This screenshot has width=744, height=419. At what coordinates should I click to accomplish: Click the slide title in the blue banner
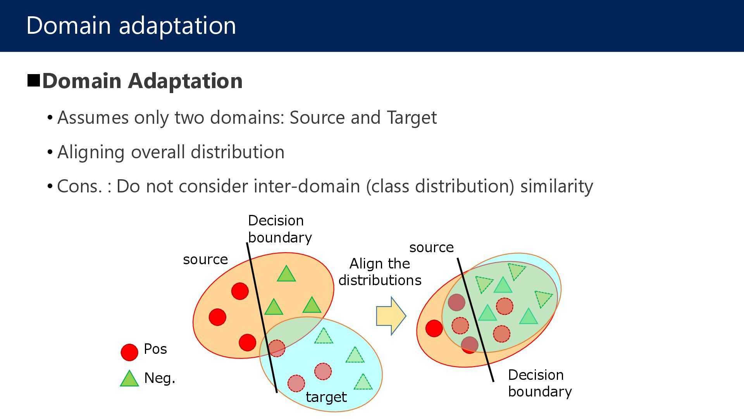[131, 26]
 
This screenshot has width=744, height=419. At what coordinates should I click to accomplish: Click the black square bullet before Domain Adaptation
[34, 80]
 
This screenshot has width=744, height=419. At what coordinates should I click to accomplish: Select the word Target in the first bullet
[412, 118]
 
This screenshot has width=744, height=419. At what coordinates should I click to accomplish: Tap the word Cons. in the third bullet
[79, 186]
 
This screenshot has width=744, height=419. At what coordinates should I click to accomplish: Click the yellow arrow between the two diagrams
[391, 316]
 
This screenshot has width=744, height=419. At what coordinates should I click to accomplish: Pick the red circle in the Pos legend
[129, 352]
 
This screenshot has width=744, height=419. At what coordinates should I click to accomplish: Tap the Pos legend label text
[155, 349]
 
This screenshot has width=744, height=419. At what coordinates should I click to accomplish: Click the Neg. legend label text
[160, 378]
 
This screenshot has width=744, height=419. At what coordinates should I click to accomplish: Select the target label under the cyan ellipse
[326, 397]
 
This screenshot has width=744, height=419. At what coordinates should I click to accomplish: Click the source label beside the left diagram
[205, 259]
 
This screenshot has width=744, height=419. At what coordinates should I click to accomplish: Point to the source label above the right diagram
[431, 247]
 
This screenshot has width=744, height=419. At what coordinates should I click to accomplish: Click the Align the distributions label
[380, 272]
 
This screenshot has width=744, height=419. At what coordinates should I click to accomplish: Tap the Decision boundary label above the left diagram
[279, 229]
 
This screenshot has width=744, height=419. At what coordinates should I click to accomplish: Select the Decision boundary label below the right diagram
[539, 383]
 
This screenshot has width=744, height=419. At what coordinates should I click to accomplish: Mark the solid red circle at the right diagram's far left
[434, 328]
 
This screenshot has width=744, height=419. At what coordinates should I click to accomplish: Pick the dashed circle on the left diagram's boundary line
[277, 348]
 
